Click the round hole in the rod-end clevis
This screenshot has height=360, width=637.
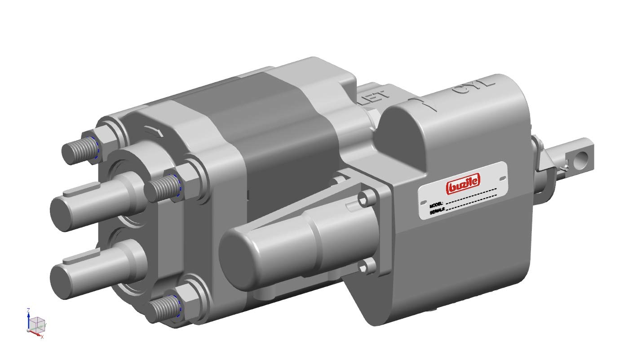point(583,156)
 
